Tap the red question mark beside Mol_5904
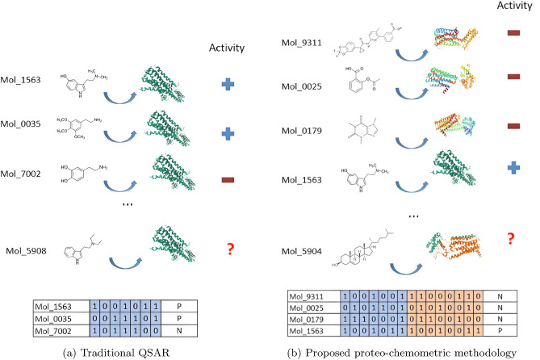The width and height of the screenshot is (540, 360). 509,240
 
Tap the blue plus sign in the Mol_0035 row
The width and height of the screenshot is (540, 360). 229,132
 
